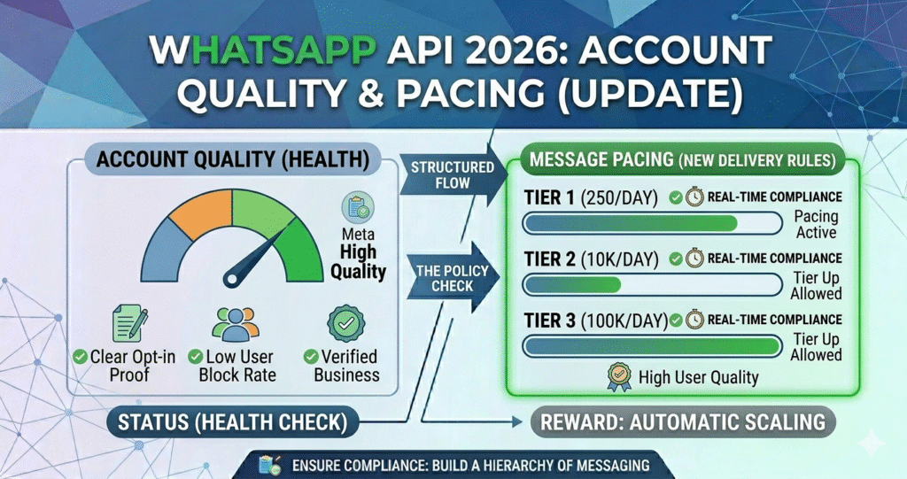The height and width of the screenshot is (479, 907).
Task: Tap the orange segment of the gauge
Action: point(199,207)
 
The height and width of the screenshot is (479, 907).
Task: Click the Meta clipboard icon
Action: point(357,209)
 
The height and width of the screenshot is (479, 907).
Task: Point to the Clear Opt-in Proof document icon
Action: point(128,324)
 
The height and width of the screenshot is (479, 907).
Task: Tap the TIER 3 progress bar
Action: point(652,345)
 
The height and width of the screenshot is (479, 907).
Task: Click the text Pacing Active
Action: point(816,224)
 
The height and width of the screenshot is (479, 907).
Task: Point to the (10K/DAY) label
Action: point(619,259)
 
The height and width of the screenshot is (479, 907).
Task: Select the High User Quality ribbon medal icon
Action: point(618,375)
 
